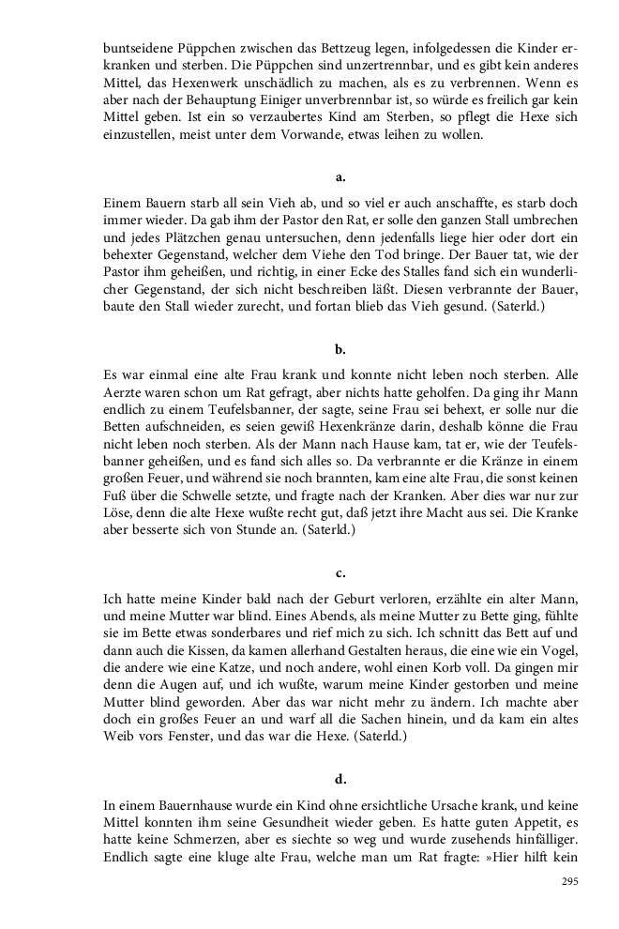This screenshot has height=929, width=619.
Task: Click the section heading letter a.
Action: [340, 176]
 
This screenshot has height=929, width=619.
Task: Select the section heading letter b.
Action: [340, 350]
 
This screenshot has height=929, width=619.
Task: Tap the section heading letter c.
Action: [340, 572]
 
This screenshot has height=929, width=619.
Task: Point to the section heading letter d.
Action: [340, 779]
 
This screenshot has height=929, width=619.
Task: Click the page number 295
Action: [569, 881]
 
